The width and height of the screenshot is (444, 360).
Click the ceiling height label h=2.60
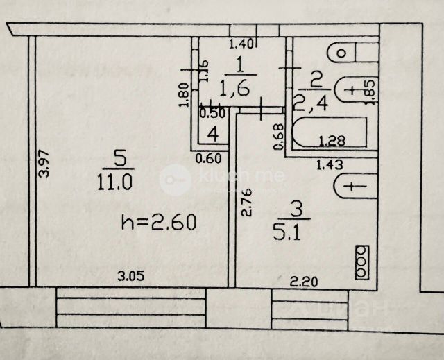(x=159, y=223)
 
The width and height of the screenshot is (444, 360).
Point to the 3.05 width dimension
(x=130, y=275)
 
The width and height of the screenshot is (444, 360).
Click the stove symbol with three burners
(x=361, y=263)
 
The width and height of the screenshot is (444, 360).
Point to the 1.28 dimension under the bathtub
(x=332, y=142)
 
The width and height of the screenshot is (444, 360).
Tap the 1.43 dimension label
(x=330, y=164)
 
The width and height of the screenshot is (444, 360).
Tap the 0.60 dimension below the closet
(x=208, y=158)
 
